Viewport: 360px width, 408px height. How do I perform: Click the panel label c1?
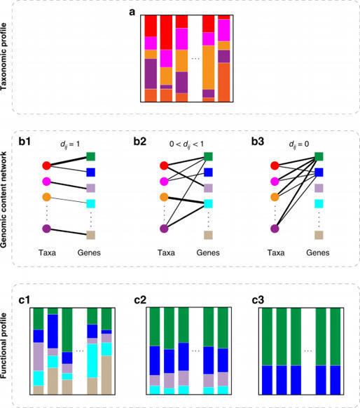click(x=25, y=301)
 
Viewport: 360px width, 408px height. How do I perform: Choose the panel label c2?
click(x=140, y=301)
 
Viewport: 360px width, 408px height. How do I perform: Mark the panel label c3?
click(x=257, y=301)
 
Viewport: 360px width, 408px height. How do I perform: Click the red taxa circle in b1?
click(x=46, y=166)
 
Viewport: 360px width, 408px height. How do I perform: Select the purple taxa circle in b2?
click(x=163, y=228)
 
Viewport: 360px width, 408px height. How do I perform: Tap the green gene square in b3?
click(x=320, y=157)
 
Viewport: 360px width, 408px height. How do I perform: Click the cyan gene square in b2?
click(x=207, y=203)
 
